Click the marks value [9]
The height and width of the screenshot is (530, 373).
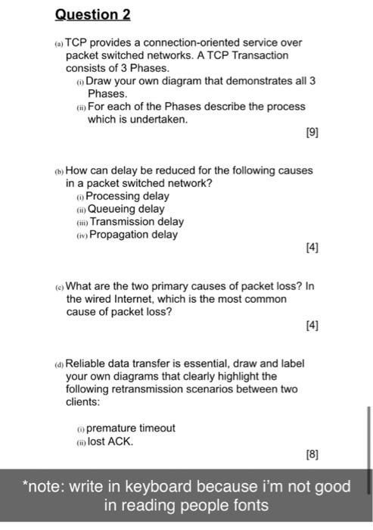pyautogui.click(x=312, y=132)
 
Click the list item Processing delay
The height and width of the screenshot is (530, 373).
pyautogui.click(x=127, y=196)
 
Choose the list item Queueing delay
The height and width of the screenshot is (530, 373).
pyautogui.click(x=126, y=209)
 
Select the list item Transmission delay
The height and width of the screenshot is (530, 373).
pyautogui.click(x=136, y=222)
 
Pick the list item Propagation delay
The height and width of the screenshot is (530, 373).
pyautogui.click(x=134, y=235)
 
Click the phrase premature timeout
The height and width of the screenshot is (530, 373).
pyautogui.click(x=131, y=428)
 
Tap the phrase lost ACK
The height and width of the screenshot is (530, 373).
pyautogui.click(x=111, y=441)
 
